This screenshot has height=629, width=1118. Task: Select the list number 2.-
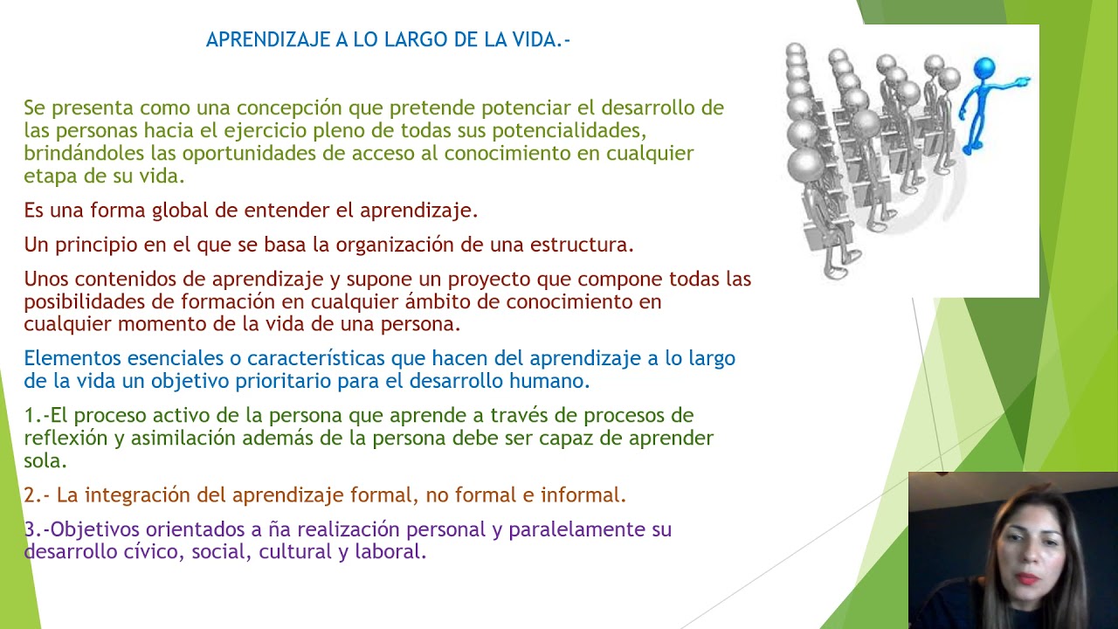[x=37, y=495]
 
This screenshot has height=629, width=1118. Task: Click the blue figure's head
[x=983, y=68]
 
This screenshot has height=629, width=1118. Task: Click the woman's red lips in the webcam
[x=1026, y=578]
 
